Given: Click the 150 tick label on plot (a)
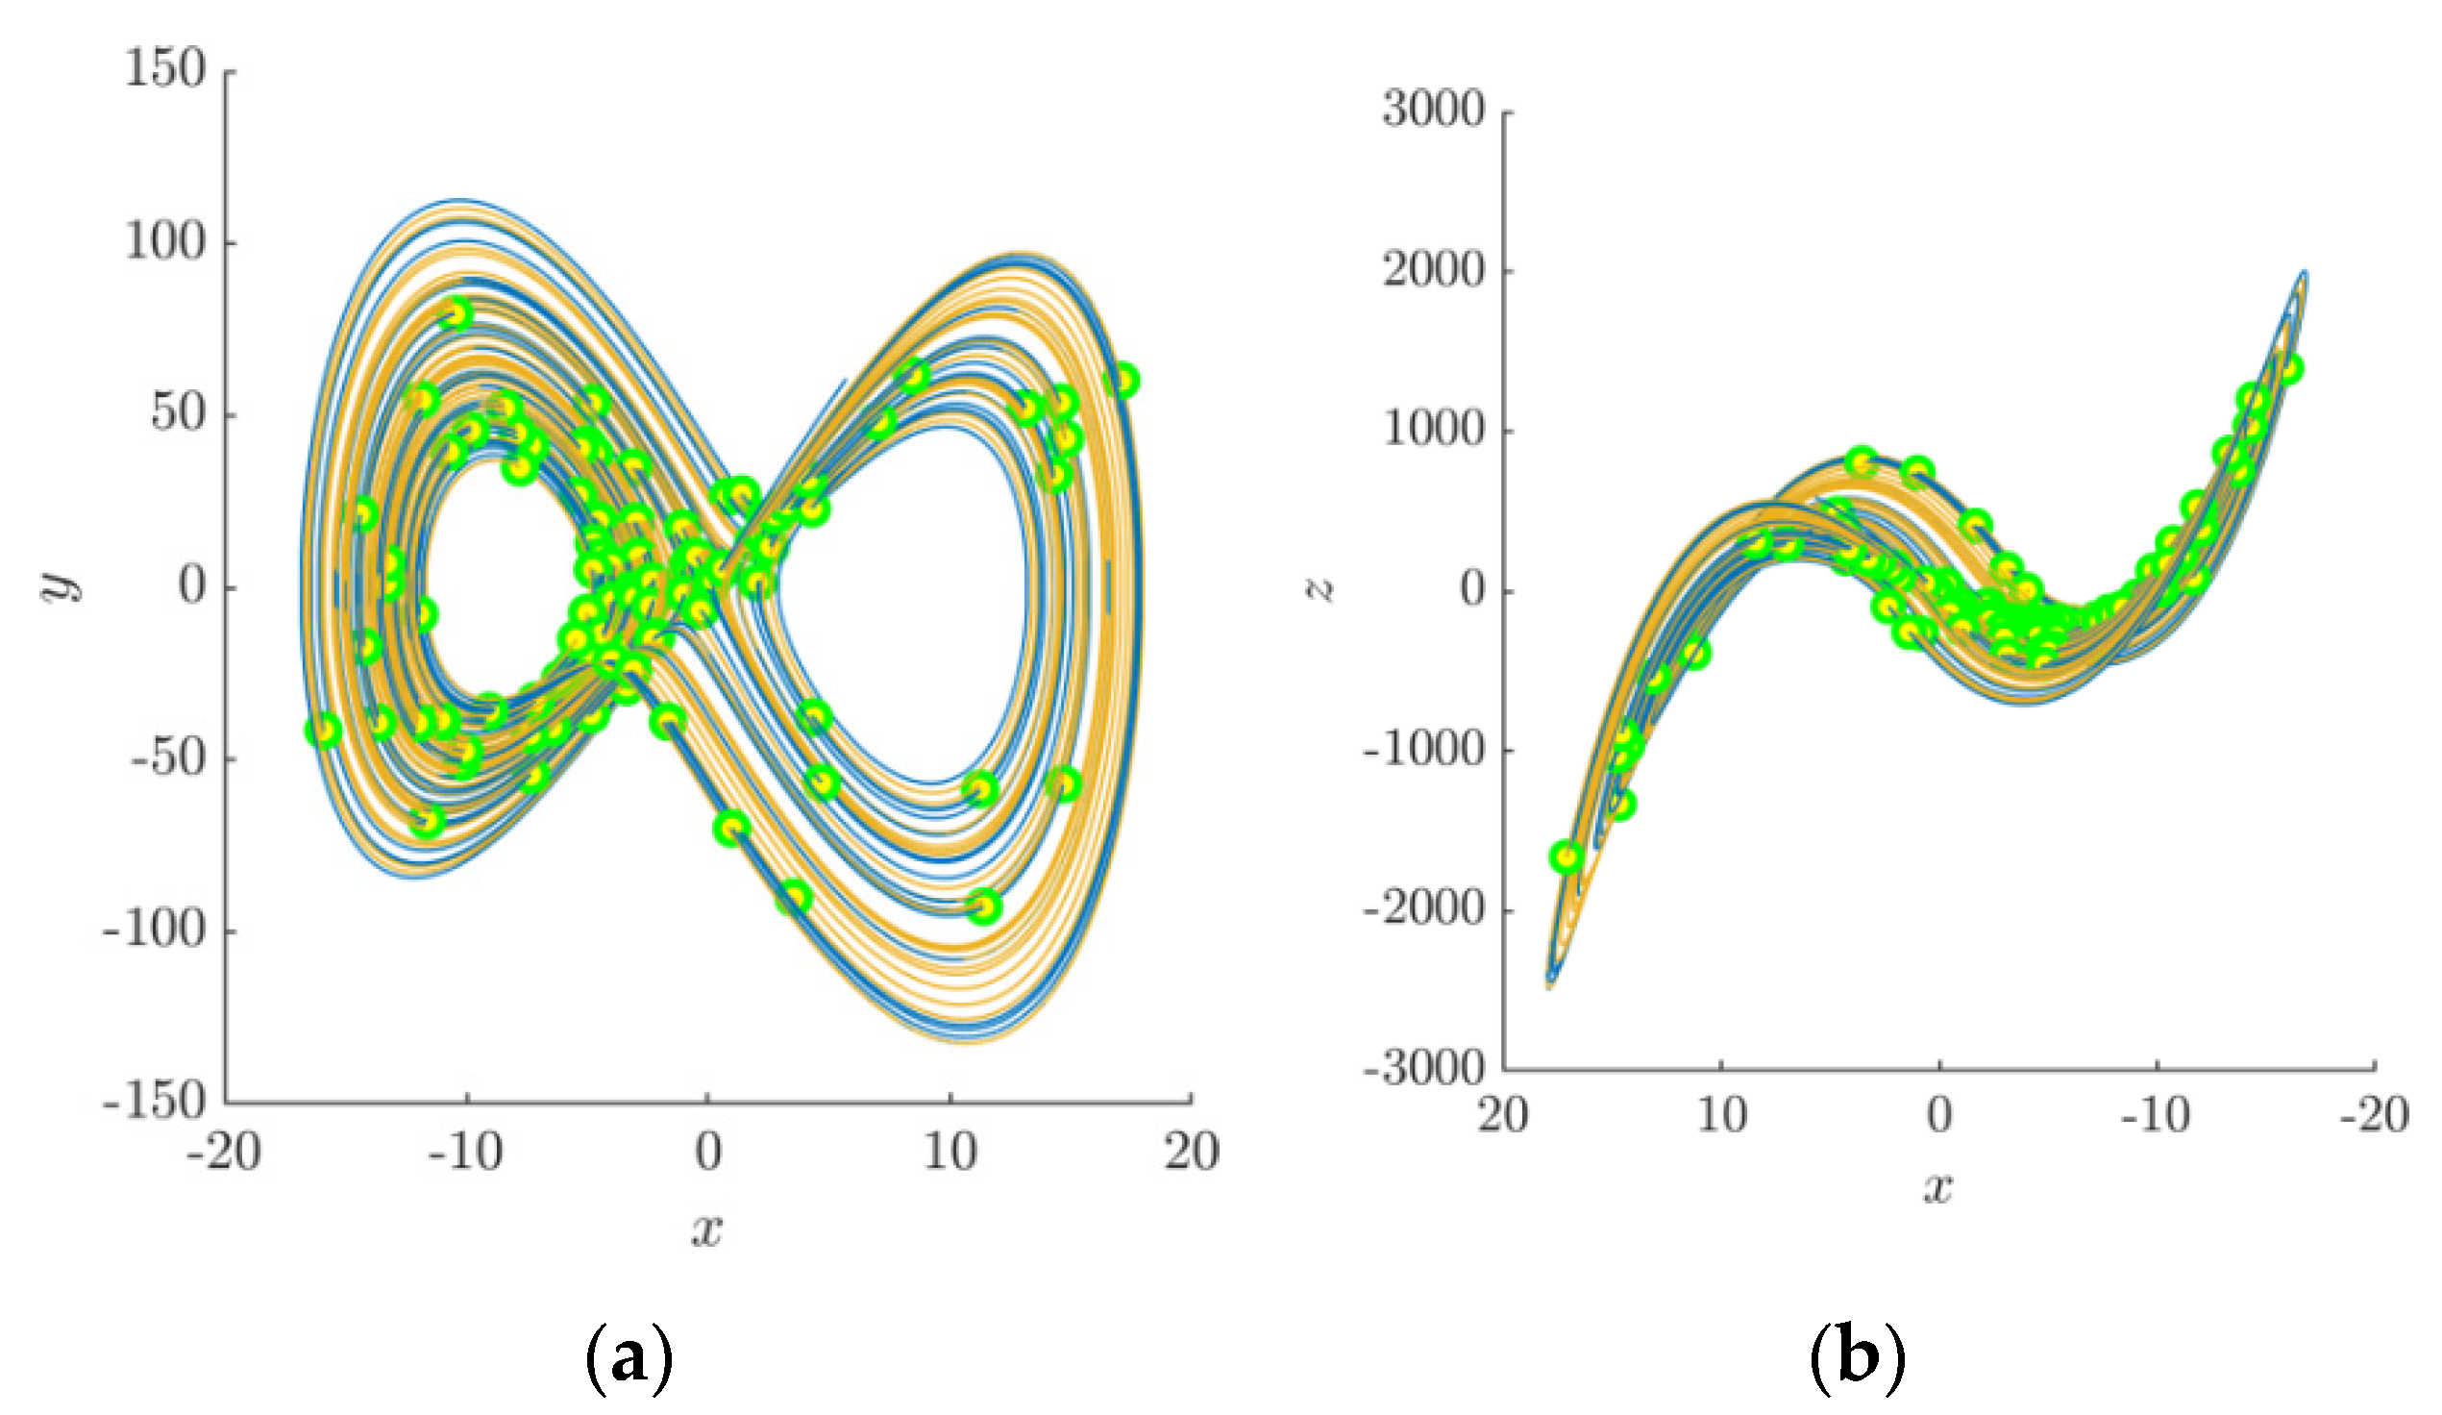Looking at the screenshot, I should coord(165,70).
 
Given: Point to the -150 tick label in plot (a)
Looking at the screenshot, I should coord(155,1102).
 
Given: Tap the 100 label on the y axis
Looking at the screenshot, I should coord(165,242).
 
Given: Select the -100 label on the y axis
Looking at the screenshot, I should coord(155,931).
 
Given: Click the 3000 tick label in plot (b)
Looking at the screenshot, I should coord(1433,111).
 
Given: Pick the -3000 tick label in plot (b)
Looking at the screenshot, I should coord(1422,1070).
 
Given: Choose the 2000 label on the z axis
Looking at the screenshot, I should coord(1433,270).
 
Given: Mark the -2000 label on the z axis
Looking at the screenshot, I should coord(1422,910).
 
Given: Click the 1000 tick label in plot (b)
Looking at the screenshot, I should coord(1433,431).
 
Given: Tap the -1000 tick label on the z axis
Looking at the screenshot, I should coord(1422,750).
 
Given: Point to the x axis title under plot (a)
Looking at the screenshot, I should coord(707,1230).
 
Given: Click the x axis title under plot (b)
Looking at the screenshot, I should coord(1938,1187).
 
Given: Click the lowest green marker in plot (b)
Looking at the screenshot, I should coord(1566,856).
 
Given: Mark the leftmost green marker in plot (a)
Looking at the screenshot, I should coord(324,730).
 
